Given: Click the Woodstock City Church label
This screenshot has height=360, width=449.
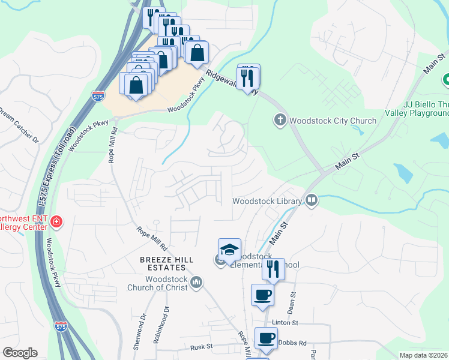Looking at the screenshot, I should coord(333,121).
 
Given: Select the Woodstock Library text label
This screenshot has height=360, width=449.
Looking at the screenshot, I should coord(266,201).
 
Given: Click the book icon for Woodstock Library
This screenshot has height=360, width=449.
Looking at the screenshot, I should coord(311,200).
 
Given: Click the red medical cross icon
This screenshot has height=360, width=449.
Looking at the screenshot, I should coord(56,223).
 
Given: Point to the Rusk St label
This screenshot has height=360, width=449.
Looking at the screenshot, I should coord(202,347).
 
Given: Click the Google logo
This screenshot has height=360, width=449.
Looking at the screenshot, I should coord(20,353).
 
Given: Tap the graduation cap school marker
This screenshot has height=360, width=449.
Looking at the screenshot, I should coord(229,249).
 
